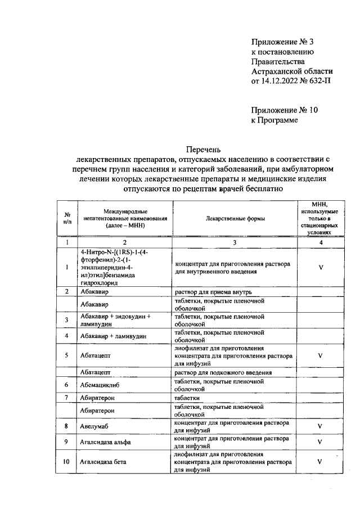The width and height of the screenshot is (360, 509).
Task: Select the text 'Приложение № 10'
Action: pyautogui.click(x=284, y=110)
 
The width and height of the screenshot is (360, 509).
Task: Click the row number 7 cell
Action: pyautogui.click(x=67, y=398)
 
